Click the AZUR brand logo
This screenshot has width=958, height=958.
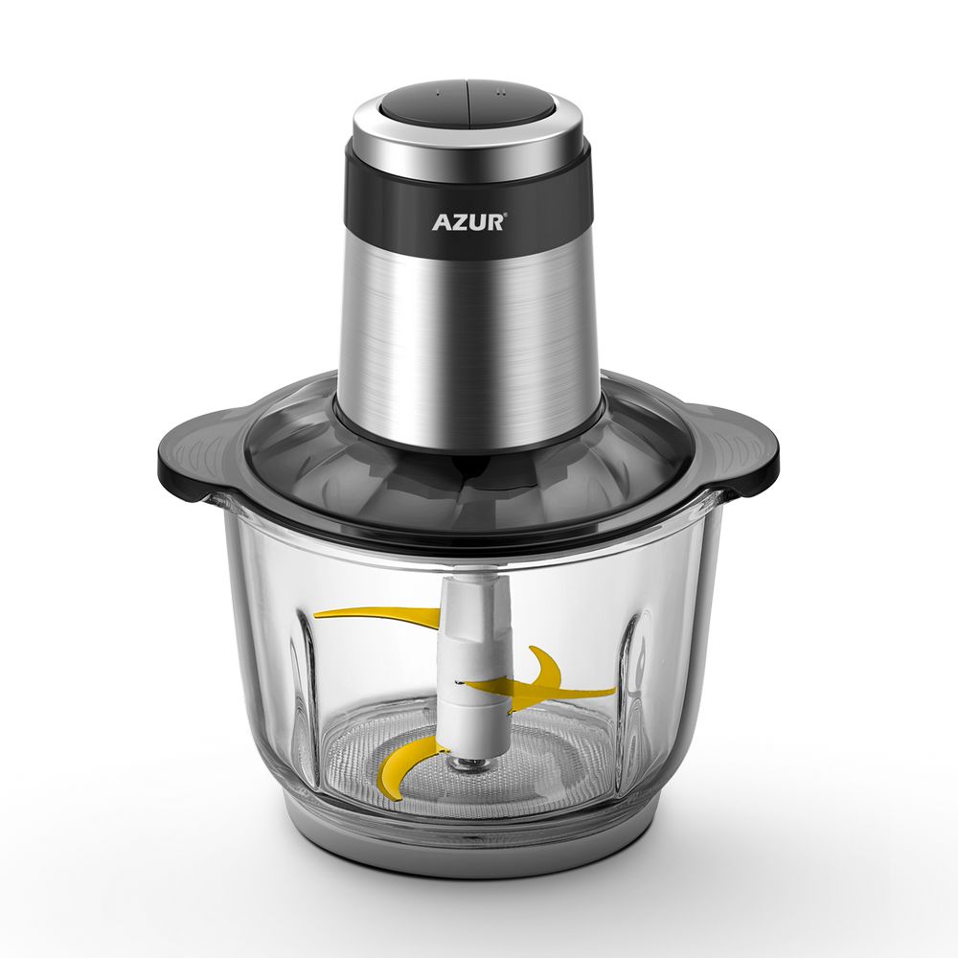click(x=469, y=221)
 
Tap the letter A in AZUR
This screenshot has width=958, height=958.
click(x=442, y=222)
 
